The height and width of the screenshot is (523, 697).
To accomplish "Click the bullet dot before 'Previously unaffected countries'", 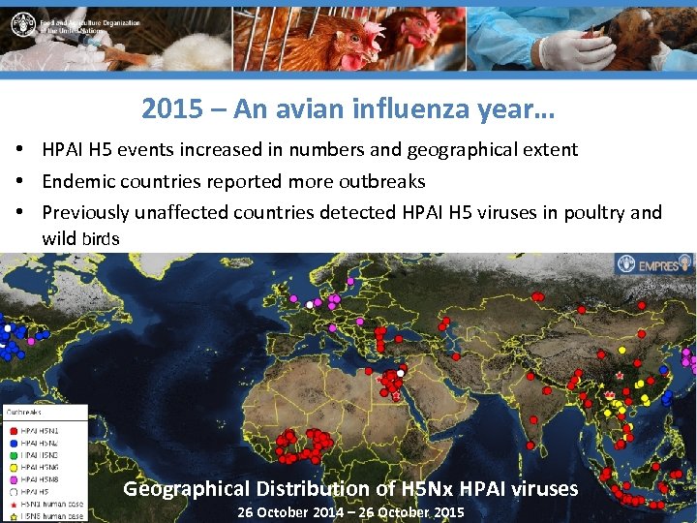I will point(19,212).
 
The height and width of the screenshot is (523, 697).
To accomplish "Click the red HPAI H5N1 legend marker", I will point(13,430).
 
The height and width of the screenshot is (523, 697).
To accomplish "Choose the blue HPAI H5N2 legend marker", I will point(13,442).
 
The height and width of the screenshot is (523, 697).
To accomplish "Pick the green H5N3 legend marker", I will point(13,454).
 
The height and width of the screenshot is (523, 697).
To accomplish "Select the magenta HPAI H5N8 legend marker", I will point(13,478).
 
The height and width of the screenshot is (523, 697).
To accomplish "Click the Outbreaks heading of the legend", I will point(26,412).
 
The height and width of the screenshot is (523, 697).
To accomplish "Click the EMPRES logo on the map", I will point(654,262).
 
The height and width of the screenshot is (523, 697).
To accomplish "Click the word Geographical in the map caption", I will point(186,489).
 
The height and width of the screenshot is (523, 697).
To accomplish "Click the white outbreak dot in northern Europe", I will point(310,304).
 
